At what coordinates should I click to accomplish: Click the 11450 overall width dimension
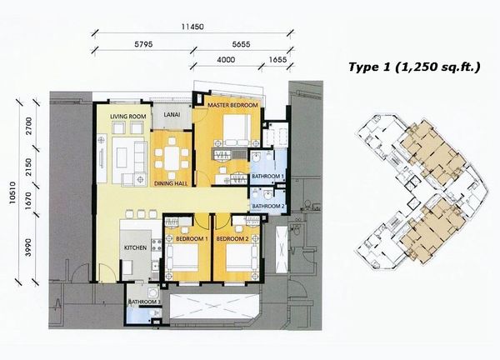(192, 27)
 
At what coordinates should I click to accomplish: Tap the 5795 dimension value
(143, 44)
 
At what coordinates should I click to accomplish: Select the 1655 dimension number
(277, 60)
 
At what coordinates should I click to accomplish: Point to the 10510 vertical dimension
(12, 192)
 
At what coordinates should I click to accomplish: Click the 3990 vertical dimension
(28, 247)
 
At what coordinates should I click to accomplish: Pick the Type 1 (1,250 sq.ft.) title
(414, 67)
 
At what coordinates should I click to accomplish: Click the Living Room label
(128, 117)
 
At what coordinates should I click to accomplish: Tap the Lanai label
(172, 114)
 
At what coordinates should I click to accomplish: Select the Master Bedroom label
(232, 105)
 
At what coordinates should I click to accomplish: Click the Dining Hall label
(171, 183)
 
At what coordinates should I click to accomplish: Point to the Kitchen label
(136, 247)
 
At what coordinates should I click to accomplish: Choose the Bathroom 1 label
(267, 176)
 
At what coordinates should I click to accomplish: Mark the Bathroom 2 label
(268, 207)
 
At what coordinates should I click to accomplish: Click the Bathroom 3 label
(142, 302)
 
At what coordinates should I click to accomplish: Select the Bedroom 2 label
(232, 238)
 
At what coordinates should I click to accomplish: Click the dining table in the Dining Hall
(172, 158)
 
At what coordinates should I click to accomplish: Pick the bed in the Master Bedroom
(237, 130)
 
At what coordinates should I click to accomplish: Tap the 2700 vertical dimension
(28, 126)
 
